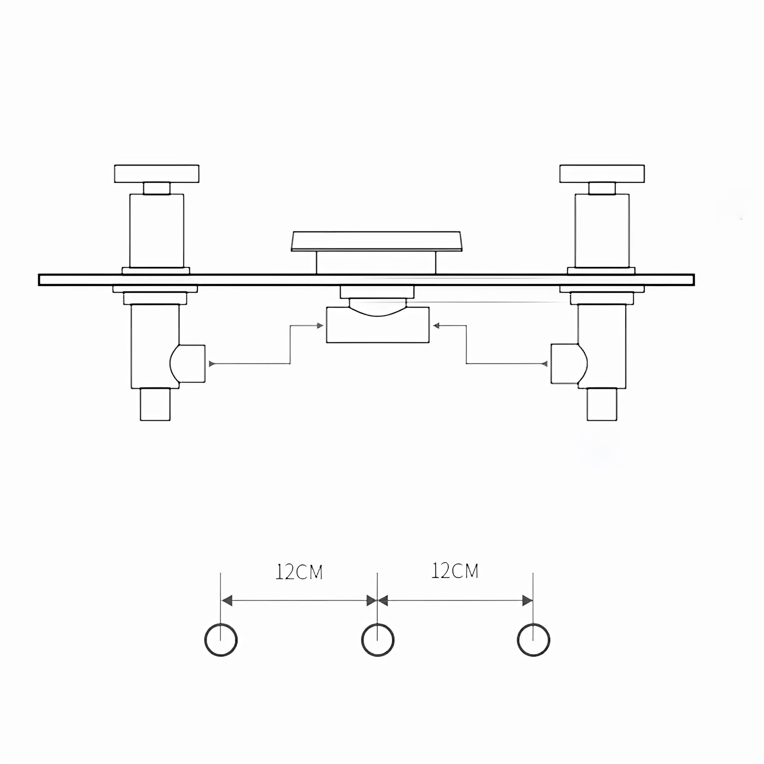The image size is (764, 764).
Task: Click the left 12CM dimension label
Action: (299, 572)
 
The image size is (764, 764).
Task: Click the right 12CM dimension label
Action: (455, 570)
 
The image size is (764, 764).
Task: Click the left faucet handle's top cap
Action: (157, 174)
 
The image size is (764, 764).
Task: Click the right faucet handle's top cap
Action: (602, 174)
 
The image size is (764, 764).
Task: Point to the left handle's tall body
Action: (157, 230)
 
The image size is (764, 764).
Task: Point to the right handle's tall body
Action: (602, 230)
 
